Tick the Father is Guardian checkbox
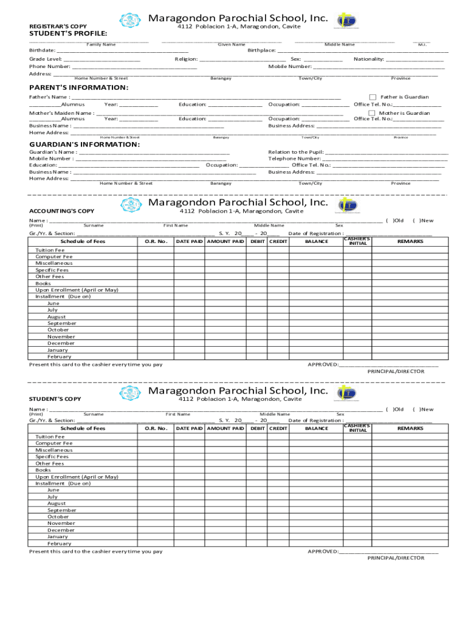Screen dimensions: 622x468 click(373, 97)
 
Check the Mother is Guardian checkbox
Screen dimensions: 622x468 click(373, 113)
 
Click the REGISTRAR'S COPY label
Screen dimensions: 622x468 click(58, 26)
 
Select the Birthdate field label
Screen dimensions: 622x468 click(43, 50)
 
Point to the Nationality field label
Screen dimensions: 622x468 click(368, 60)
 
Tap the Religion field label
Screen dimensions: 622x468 click(186, 60)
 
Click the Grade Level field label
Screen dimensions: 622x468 click(46, 60)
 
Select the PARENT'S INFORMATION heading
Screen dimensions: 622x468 click(79, 87)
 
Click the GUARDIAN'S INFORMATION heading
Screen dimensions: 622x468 click(84, 145)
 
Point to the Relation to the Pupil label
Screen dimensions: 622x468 click(295, 152)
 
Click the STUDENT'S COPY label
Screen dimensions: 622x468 click(55, 399)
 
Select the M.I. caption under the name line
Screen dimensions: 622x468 click(422, 44)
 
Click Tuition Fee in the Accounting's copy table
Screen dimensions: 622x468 click(50, 250)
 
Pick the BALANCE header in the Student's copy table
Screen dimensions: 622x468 click(316, 429)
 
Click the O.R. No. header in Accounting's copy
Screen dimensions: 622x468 click(156, 242)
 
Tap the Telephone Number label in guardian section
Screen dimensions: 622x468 click(294, 159)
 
